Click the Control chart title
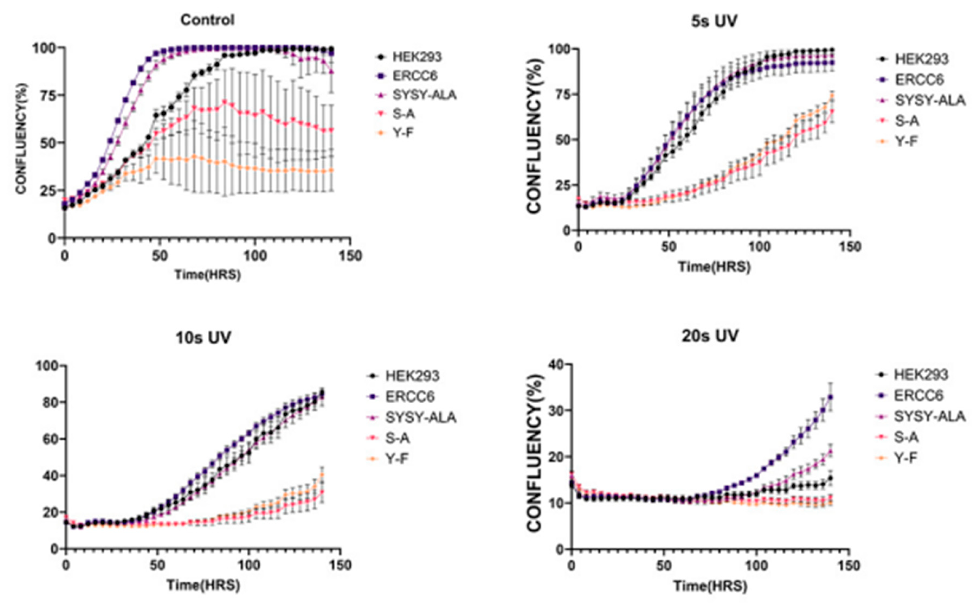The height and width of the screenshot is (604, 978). click(207, 20)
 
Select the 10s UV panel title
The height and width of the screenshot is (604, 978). click(203, 338)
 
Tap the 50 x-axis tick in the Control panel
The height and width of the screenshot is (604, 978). click(160, 256)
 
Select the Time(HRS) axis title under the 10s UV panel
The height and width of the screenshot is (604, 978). click(203, 585)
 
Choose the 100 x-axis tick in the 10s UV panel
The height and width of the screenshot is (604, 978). click(249, 566)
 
